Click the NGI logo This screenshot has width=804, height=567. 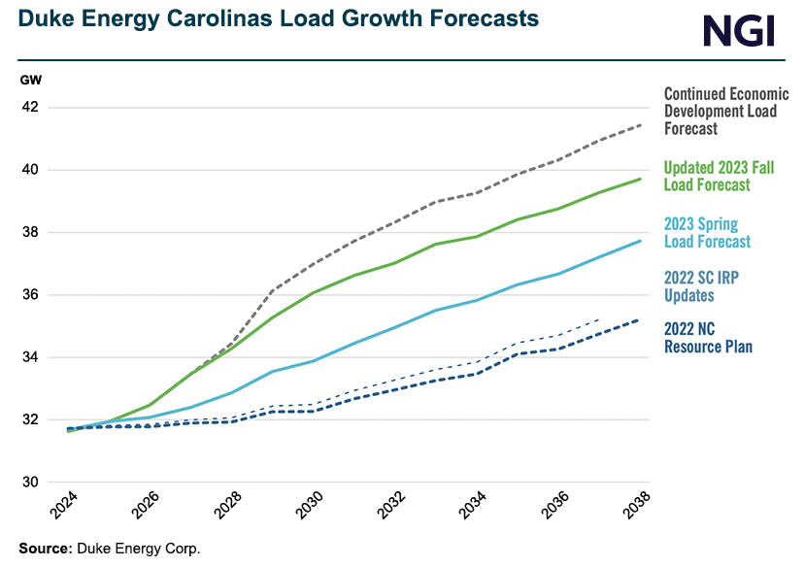pos(739,31)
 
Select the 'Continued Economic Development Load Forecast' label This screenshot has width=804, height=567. pos(725,111)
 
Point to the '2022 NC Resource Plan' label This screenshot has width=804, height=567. pos(708,337)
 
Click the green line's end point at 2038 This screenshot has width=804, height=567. pos(639,179)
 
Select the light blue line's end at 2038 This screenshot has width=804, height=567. pos(639,241)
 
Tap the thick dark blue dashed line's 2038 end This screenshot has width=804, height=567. pos(639,319)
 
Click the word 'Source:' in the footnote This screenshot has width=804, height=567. pos(44,549)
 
